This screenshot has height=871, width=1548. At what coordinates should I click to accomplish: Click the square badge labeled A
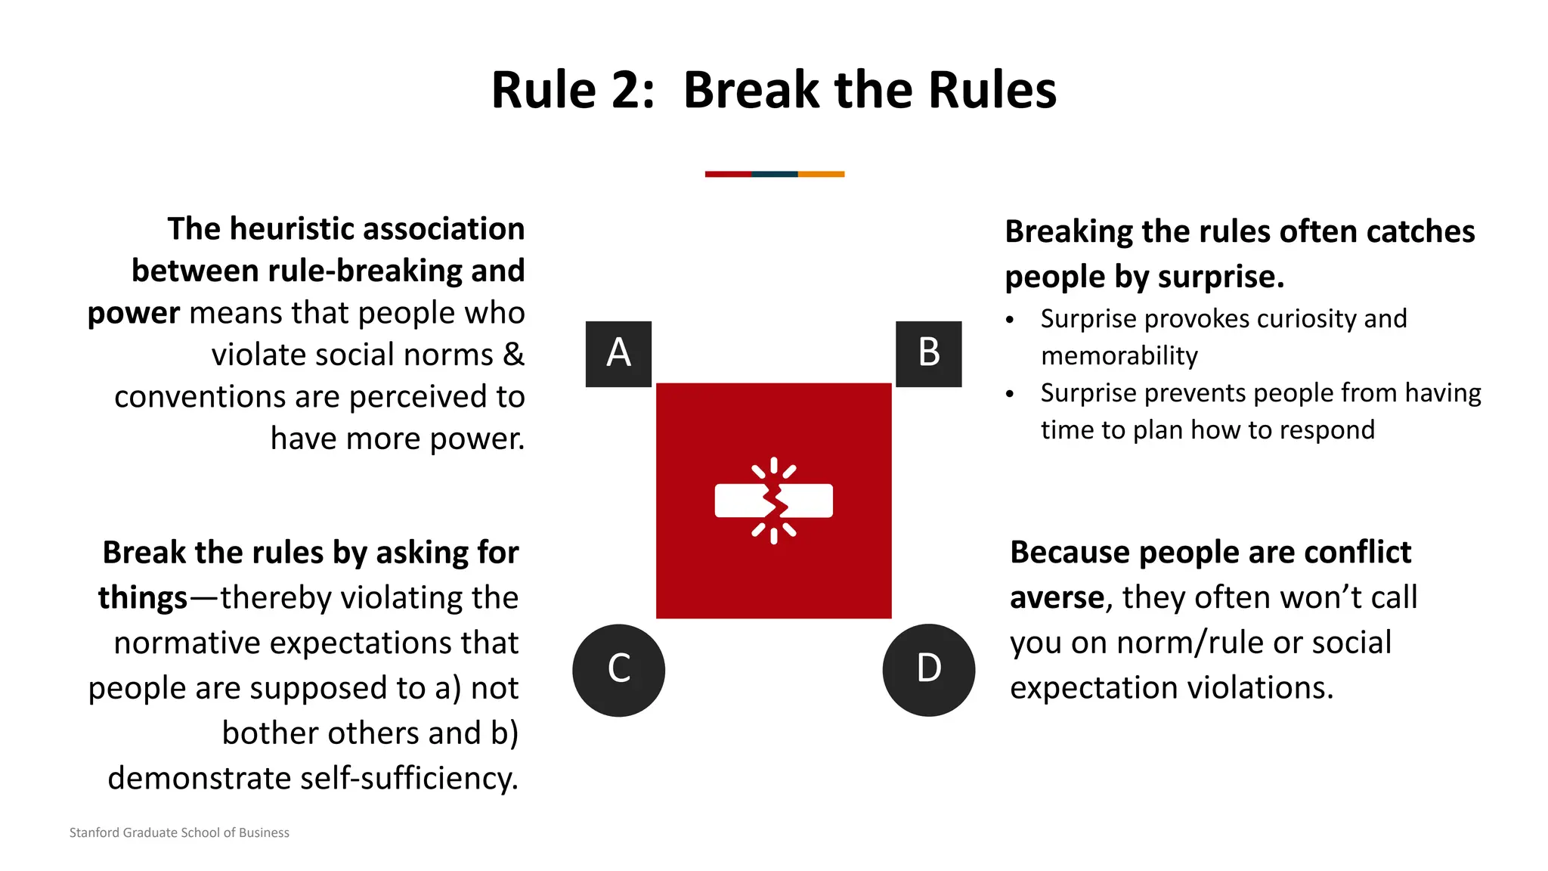[618, 354]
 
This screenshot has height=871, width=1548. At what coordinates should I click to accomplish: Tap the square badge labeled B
[928, 354]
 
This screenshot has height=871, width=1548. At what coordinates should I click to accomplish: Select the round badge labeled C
[618, 670]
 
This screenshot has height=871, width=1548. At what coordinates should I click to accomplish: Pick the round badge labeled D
[928, 670]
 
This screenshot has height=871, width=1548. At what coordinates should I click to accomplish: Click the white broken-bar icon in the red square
[773, 501]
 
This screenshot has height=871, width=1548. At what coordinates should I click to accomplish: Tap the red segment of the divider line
[728, 174]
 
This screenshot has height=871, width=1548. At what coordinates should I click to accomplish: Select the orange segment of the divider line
[821, 174]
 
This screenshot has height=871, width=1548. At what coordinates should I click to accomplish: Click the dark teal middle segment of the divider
[775, 174]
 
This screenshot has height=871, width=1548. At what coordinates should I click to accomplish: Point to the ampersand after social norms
[514, 355]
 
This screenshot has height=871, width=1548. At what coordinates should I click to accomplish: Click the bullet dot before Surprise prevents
[1010, 394]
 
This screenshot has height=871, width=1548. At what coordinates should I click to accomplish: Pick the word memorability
[1119, 356]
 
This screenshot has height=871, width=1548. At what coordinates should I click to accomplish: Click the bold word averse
[1057, 598]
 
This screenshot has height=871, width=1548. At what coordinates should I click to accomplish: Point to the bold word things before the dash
[142, 598]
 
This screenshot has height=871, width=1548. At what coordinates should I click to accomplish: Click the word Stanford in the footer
[94, 832]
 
